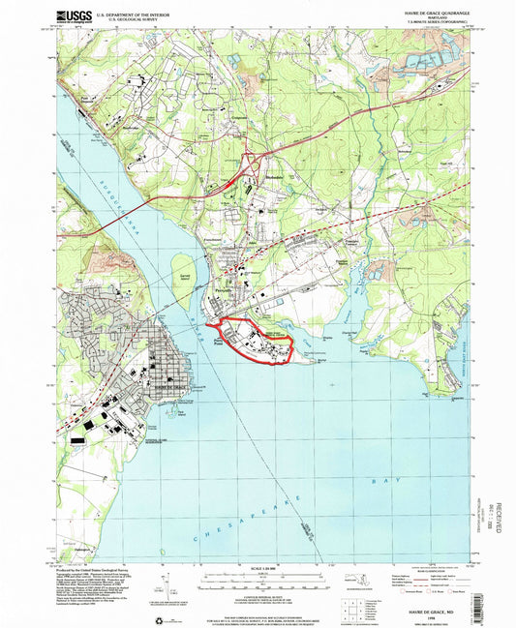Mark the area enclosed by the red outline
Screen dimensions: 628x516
coord(254,339)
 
